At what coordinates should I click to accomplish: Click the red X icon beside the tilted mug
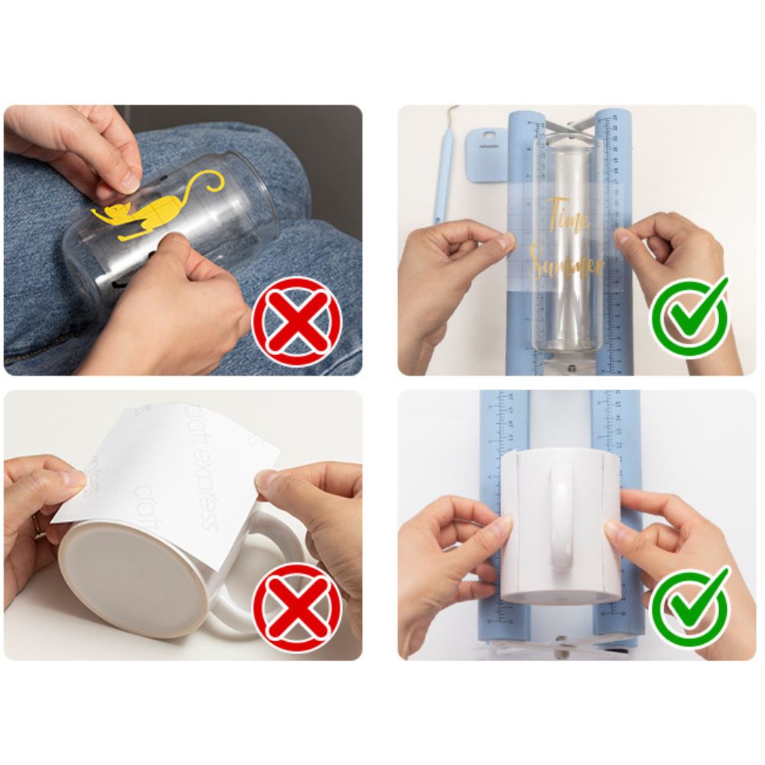point(297,607)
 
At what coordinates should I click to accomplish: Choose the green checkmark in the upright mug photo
point(690,606)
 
